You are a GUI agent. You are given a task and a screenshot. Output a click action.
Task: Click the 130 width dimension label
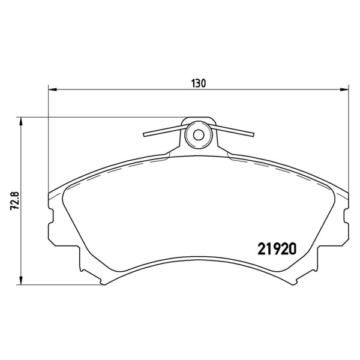(199, 83)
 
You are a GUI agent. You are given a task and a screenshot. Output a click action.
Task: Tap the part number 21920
(277, 249)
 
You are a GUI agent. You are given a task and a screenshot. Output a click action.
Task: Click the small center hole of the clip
(199, 135)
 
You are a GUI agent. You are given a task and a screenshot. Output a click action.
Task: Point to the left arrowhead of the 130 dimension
(53, 89)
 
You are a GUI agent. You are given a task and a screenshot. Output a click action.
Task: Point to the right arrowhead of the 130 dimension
(344, 89)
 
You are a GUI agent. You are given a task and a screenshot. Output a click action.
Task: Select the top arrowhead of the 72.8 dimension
(21, 121)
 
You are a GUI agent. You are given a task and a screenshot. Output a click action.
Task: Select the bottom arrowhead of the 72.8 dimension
(21, 281)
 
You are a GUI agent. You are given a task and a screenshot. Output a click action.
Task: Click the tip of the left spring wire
(144, 135)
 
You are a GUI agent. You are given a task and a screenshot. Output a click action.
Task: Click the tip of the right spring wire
(253, 135)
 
